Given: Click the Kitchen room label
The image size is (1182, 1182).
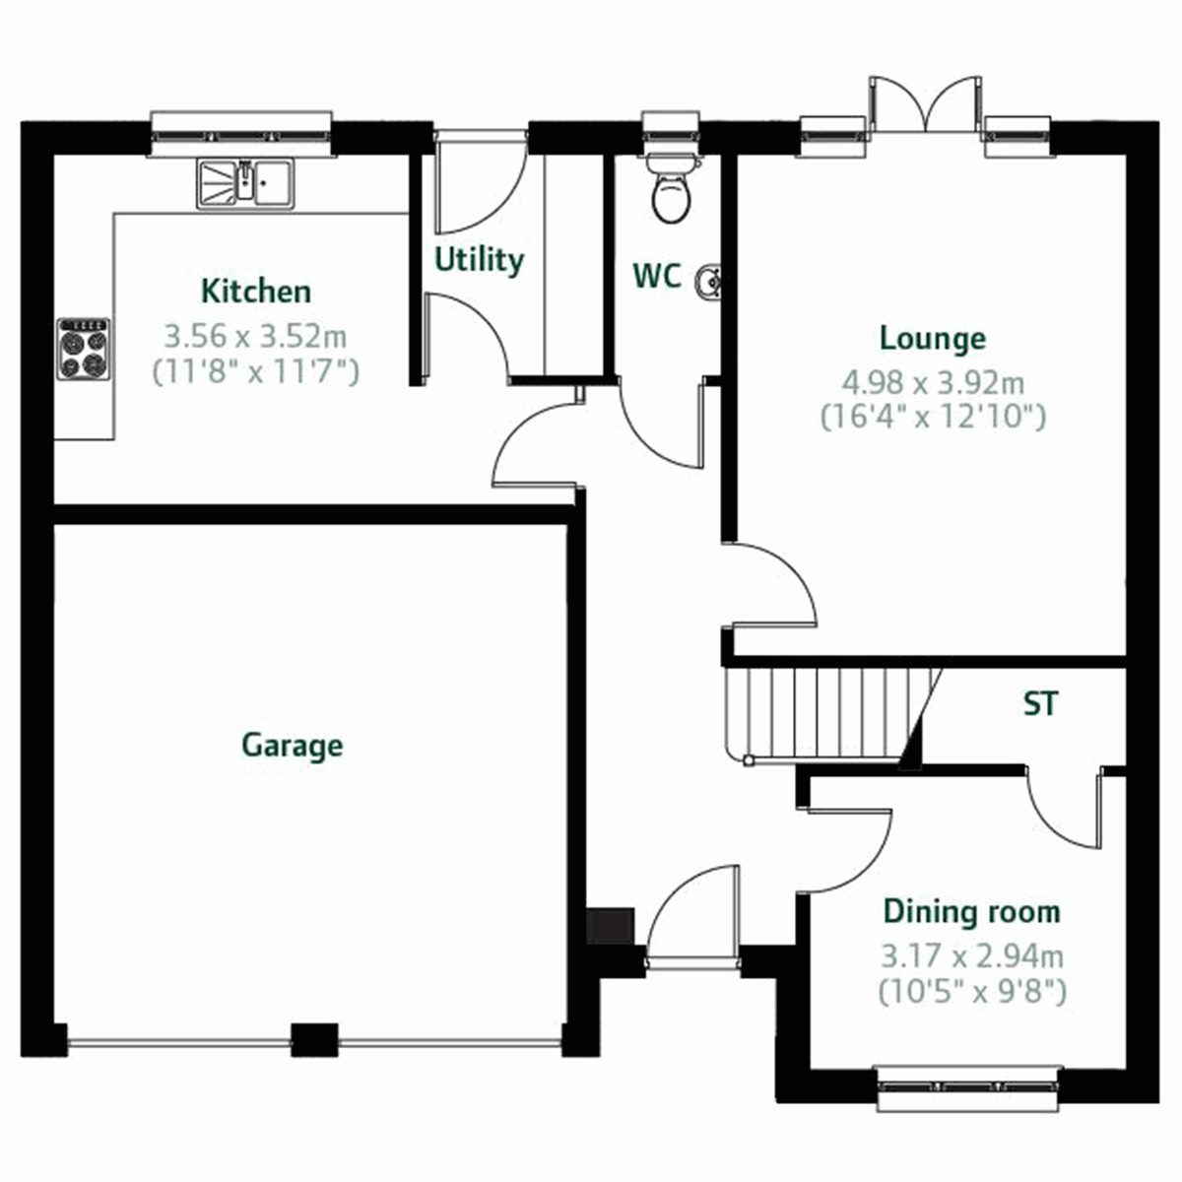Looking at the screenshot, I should [x=255, y=292].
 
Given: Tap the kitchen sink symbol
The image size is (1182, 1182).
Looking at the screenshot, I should [x=245, y=184].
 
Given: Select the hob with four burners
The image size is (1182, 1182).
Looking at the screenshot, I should [x=83, y=350].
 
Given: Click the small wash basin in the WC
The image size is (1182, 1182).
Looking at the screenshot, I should [x=707, y=283].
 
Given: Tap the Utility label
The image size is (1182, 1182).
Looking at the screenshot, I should [x=479, y=260].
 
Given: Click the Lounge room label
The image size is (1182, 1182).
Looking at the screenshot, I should [x=932, y=339].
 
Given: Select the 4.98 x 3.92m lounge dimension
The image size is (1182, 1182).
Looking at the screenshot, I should [x=932, y=380].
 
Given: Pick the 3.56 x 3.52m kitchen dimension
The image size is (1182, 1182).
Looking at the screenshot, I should [x=255, y=336].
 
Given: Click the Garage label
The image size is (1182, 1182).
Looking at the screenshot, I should [x=293, y=745].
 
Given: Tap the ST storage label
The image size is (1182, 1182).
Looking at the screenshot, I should [x=1040, y=704].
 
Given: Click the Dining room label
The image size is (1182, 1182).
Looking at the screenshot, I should [x=971, y=912].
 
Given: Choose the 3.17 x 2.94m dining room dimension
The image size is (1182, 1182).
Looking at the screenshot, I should [x=971, y=954].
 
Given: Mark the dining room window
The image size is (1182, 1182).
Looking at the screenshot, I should [x=969, y=1088].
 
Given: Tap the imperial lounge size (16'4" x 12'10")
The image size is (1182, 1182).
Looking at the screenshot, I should [x=932, y=418].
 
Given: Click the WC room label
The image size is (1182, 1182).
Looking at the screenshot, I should [x=656, y=277].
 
